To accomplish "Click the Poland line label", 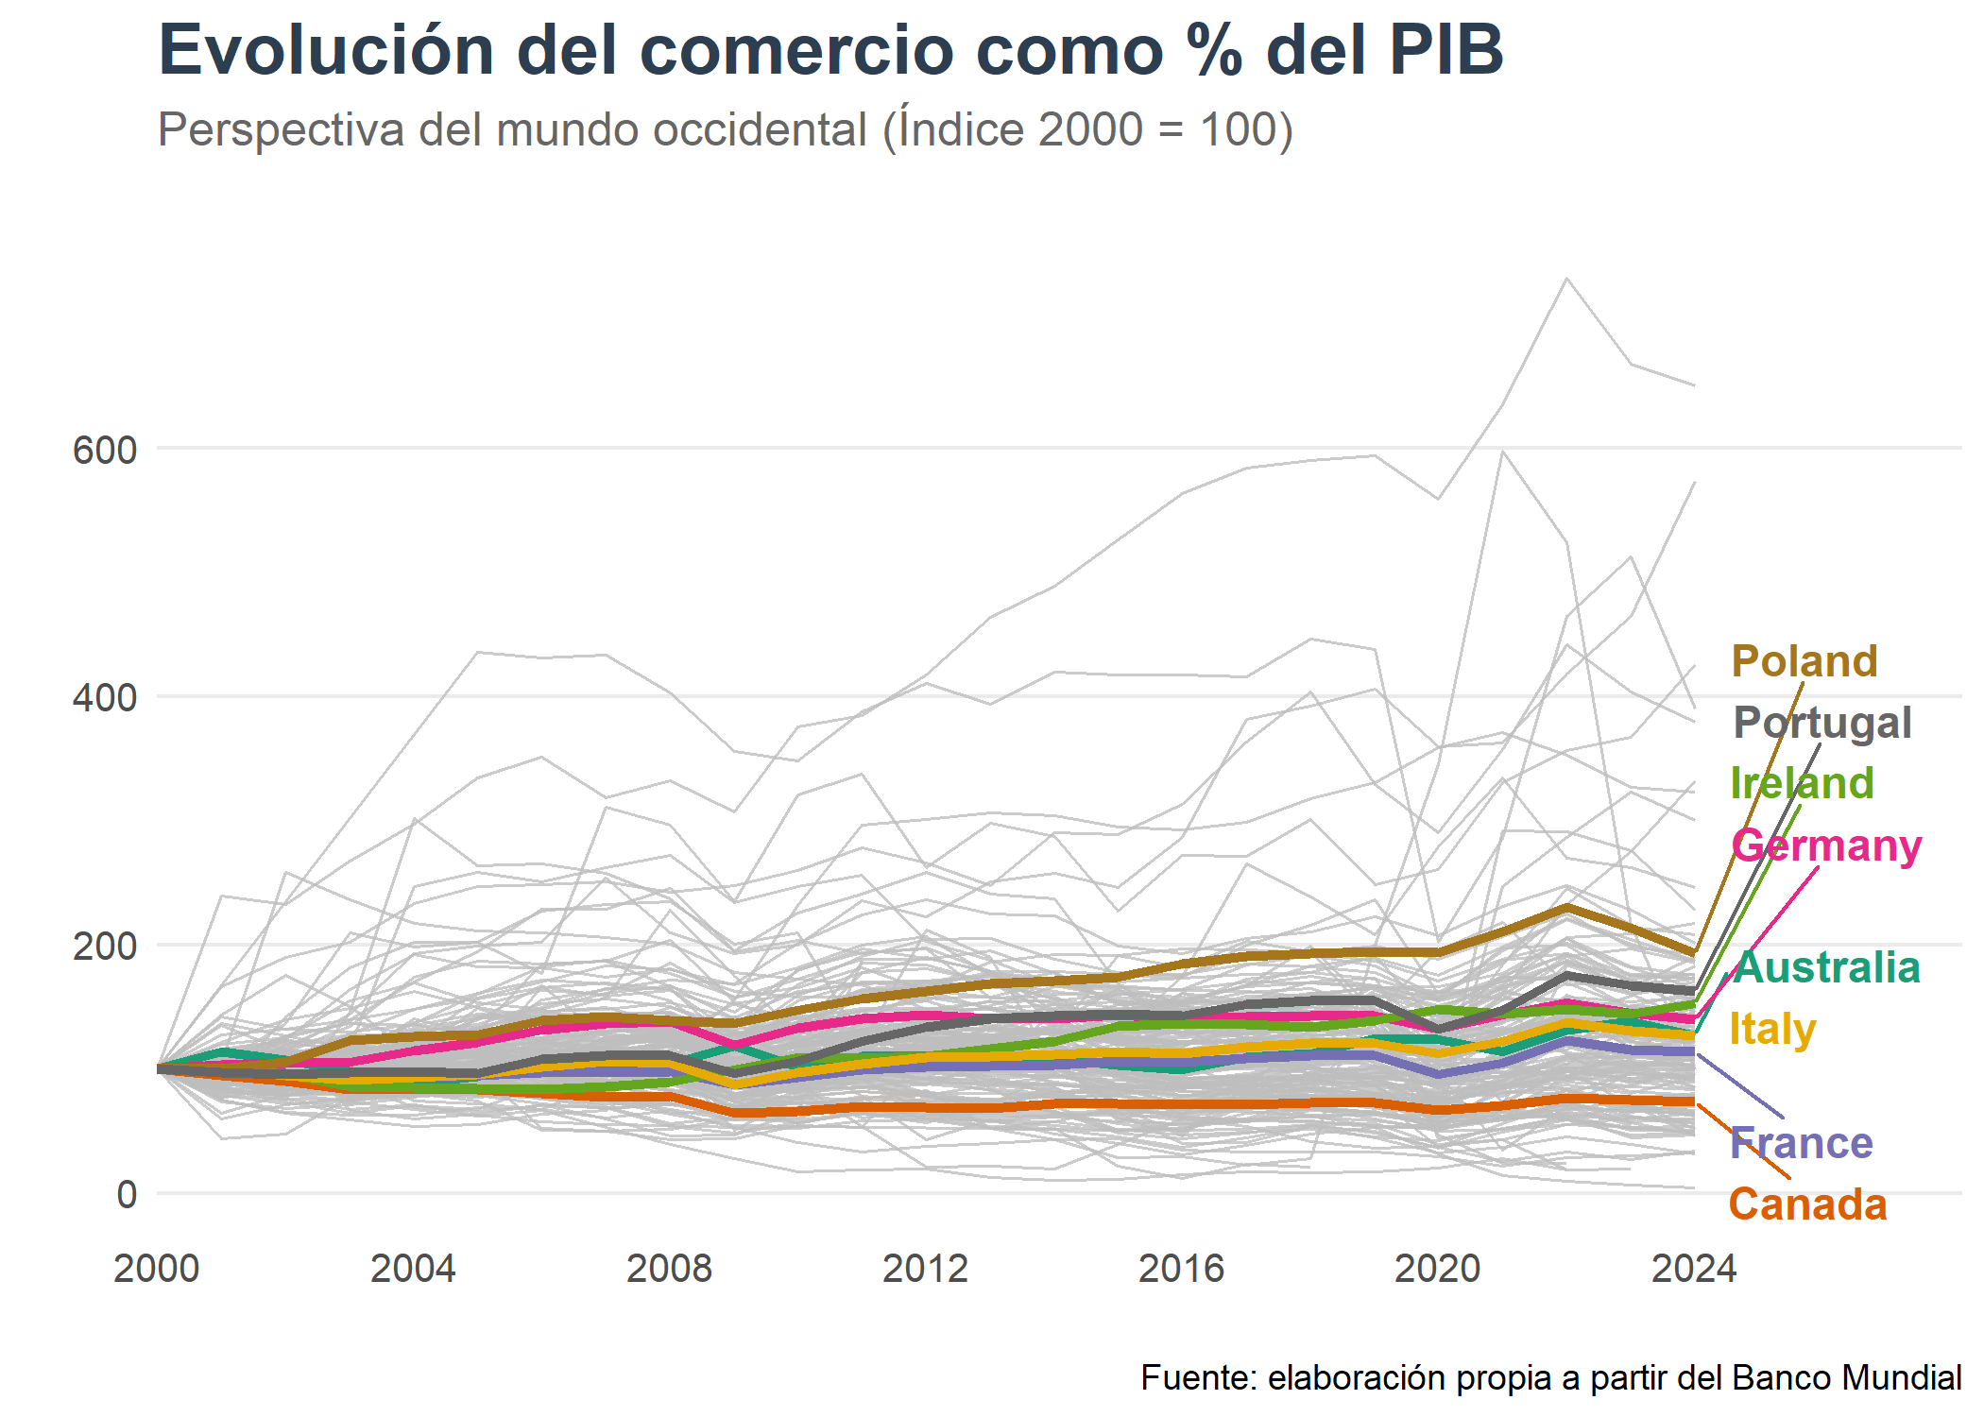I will (x=1804, y=661).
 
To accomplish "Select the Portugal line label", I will (x=1822, y=723).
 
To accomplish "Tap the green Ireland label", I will (x=1802, y=783).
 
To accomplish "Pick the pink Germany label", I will (x=1826, y=845).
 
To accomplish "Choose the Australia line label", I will (x=1827, y=967).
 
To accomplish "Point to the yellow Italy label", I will (x=1772, y=1029).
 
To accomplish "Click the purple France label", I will (x=1801, y=1143).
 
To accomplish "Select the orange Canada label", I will (x=1807, y=1204).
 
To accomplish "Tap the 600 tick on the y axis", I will (x=105, y=450).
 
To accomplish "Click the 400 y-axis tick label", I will (x=105, y=698).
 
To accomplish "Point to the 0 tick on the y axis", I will (x=127, y=1195).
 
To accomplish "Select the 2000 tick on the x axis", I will (x=157, y=1269).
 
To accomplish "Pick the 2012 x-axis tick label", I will (x=925, y=1269).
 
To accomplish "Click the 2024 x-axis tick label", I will (x=1693, y=1269).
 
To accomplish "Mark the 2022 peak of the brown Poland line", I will (x=1566, y=908).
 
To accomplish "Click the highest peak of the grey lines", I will (x=1566, y=278).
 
